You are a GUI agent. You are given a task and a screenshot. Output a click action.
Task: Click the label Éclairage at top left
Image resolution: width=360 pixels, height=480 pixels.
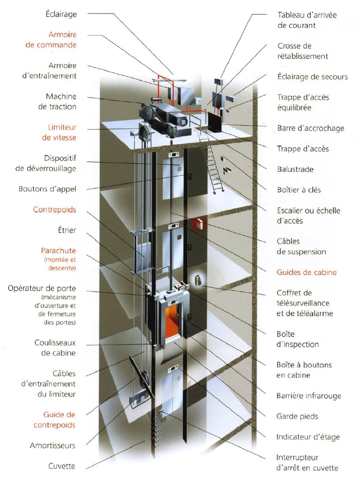click(x=60, y=14)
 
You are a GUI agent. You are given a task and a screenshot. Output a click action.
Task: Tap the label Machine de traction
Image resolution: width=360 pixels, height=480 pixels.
click(x=60, y=101)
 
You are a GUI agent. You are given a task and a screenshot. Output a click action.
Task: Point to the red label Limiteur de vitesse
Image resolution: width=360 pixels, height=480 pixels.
click(x=61, y=132)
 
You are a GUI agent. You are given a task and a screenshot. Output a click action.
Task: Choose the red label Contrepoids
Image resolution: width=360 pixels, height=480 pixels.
click(x=54, y=210)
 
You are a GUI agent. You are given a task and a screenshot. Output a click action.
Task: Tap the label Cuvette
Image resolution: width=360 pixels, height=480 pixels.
click(x=62, y=466)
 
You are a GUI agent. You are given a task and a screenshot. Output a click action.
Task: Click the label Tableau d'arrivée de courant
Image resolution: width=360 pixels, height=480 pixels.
click(x=307, y=20)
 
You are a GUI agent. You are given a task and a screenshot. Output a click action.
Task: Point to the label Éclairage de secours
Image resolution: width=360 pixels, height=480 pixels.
click(x=312, y=76)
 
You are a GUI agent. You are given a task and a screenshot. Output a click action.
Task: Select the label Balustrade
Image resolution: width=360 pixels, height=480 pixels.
click(x=295, y=169)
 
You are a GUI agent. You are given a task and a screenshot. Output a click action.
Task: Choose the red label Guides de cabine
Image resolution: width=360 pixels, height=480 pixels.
click(x=307, y=272)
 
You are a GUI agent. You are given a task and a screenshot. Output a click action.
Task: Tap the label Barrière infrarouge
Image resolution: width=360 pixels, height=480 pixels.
click(x=308, y=396)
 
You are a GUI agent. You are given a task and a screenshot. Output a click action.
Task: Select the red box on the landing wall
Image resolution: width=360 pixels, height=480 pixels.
click(x=201, y=224)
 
